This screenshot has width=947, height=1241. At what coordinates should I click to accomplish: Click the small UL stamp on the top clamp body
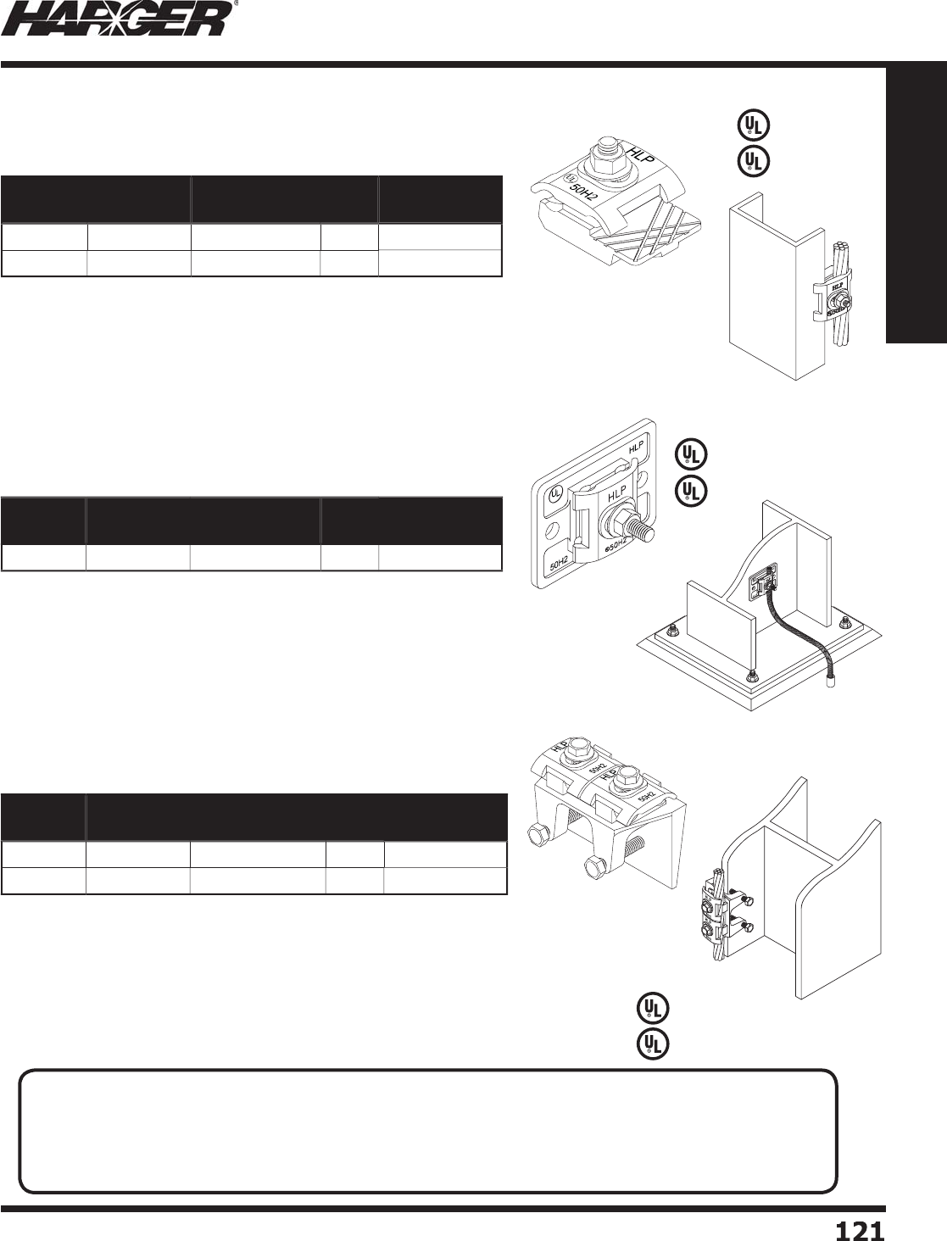click(568, 178)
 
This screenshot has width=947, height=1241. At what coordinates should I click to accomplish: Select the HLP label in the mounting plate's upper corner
click(636, 445)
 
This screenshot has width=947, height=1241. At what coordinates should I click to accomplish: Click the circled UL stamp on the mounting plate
click(556, 493)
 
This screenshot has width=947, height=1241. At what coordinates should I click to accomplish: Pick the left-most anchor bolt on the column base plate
click(671, 631)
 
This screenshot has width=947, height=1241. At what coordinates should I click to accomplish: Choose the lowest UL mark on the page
click(653, 1043)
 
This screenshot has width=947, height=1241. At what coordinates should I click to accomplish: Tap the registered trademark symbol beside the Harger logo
click(234, 4)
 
